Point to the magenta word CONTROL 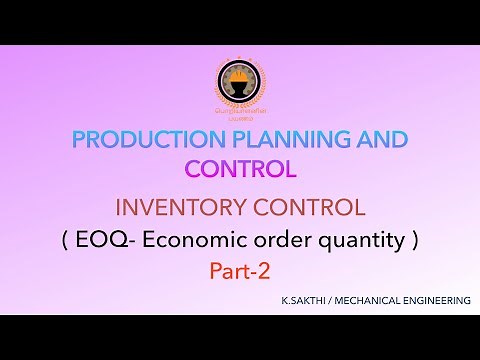[240, 169]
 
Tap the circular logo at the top [240, 86]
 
